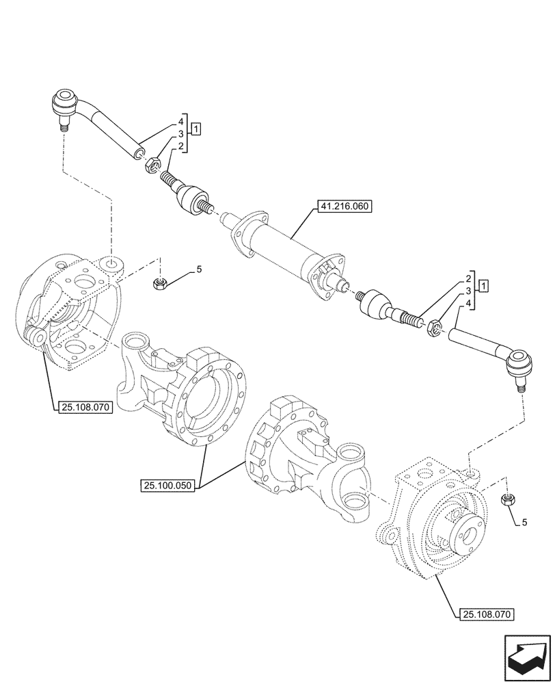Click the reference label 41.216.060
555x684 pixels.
[x=343, y=207]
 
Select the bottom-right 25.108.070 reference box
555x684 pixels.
[x=482, y=614]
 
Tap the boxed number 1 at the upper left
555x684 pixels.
[x=196, y=129]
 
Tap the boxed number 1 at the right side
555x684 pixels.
[x=483, y=285]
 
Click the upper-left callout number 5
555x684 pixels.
[x=199, y=269]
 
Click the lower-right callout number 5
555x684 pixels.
[x=524, y=523]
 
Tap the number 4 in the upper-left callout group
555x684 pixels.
[x=181, y=121]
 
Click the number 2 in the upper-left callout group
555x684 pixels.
[x=181, y=146]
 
